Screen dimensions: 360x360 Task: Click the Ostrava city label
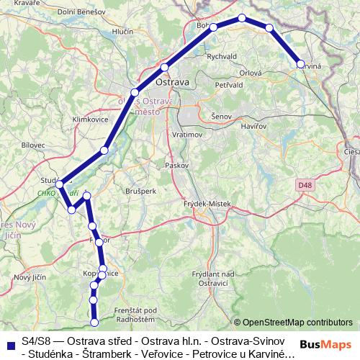[x=172, y=82]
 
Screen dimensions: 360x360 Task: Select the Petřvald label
[x=230, y=85]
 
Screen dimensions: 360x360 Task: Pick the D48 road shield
[x=304, y=185]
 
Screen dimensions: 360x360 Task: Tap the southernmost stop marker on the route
[x=94, y=323]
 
